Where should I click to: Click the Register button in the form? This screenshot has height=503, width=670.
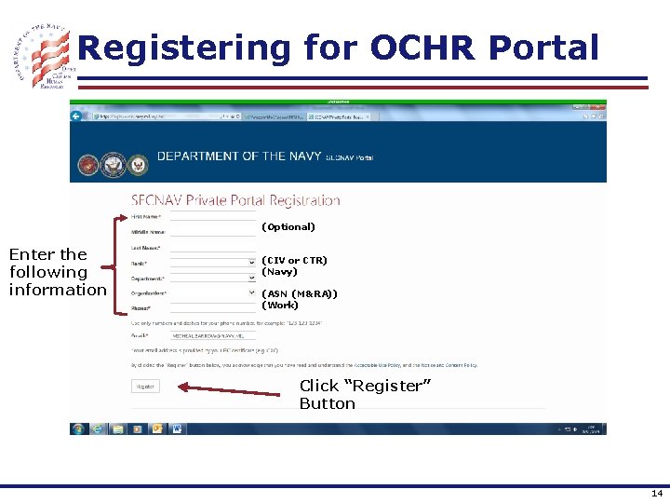[x=145, y=386]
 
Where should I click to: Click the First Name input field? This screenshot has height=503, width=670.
[x=212, y=217]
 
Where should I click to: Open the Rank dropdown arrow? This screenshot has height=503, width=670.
[x=251, y=263]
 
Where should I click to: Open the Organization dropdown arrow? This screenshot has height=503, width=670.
[x=251, y=292]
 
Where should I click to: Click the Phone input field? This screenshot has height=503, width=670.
[x=212, y=307]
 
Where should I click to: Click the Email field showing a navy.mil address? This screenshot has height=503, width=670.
[x=213, y=335]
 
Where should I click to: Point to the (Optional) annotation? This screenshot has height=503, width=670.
[x=288, y=226]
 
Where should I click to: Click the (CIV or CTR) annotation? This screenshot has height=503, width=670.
[x=294, y=260]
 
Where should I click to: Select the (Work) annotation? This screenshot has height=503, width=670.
[x=280, y=305]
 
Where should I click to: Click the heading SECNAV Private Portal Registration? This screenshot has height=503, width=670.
[x=235, y=200]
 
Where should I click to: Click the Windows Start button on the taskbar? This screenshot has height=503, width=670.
[x=78, y=428]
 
